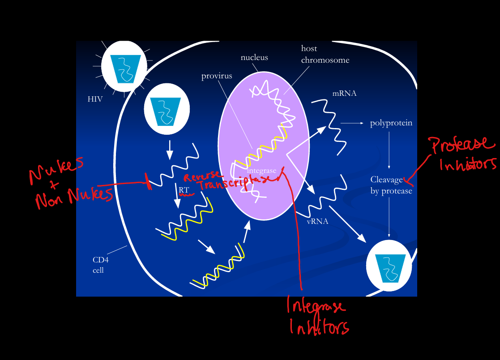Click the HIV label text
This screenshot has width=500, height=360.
point(95,99)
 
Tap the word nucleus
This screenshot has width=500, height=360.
point(254,57)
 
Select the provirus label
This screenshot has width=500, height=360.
point(217,76)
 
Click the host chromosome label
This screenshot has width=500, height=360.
point(325,54)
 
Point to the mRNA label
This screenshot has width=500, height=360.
point(344,94)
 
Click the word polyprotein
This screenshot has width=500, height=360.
point(391,123)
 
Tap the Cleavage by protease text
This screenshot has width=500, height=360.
point(391,185)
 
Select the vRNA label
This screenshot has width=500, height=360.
point(317,221)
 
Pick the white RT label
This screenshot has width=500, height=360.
point(184,190)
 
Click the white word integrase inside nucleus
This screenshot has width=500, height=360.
point(261,171)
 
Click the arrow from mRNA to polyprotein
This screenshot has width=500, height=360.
point(352,123)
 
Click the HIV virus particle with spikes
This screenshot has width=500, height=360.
point(124,66)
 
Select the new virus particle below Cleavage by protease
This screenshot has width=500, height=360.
point(389,266)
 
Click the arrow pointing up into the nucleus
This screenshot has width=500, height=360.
point(246,232)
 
